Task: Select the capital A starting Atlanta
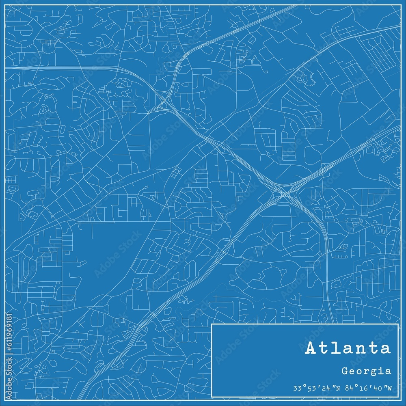[312, 348]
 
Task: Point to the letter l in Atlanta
[336, 348]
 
